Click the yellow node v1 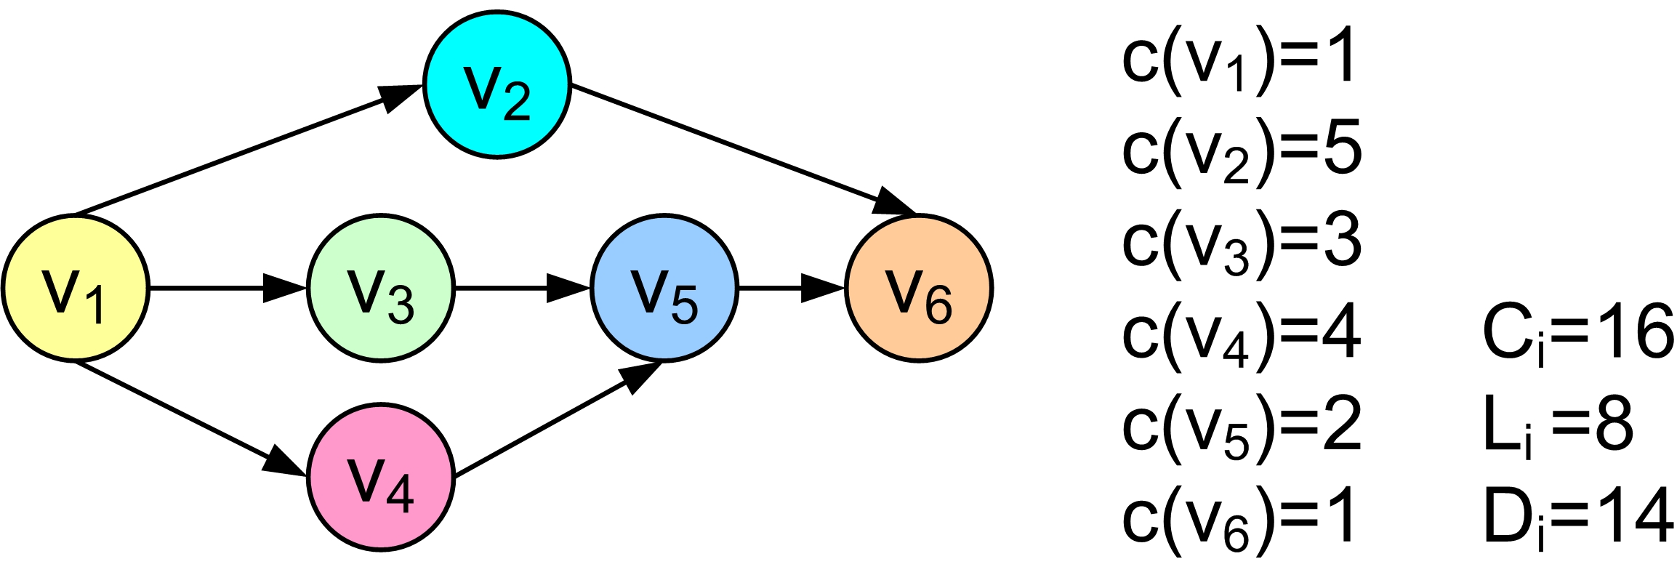76,288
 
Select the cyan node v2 497,84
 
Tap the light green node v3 381,288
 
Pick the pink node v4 381,477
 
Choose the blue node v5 664,288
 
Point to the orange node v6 919,288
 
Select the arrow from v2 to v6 741,149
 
